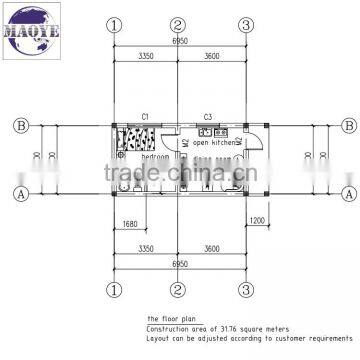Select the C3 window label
208,118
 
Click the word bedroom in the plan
155,158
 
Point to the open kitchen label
217,143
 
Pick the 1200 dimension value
257,219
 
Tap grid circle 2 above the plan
177,24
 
